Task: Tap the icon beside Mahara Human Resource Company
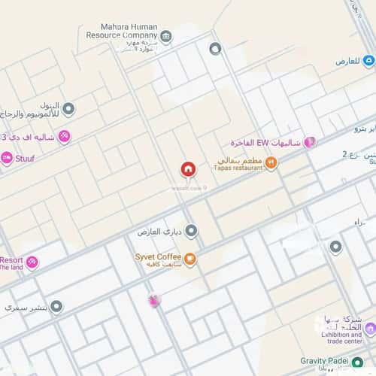pos(166,36)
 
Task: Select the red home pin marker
pos(187,170)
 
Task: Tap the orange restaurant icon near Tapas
pos(271,162)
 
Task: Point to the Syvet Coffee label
pos(156,258)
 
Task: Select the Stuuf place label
pos(25,159)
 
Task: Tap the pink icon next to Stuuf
pos(6,158)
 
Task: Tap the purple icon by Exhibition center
pos(370,329)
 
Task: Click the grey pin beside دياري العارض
pos(191,232)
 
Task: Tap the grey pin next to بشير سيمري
pos(56,307)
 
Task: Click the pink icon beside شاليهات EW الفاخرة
pos(309,142)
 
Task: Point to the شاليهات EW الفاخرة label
pos(266,143)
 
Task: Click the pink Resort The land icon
pos(32,262)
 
